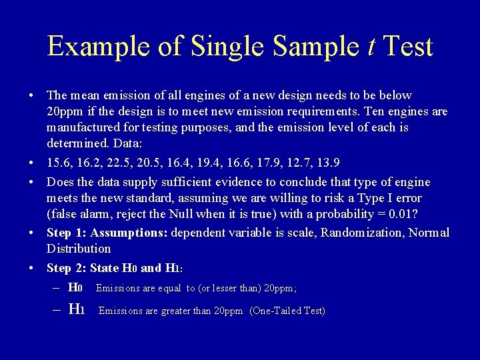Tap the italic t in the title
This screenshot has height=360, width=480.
click(x=371, y=47)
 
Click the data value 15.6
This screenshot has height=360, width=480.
click(x=58, y=162)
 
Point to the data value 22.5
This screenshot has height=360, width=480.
click(x=117, y=162)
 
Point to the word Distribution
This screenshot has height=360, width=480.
click(x=79, y=249)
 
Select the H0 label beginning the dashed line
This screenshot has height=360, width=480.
click(x=75, y=288)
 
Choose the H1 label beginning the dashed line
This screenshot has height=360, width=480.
click(x=76, y=310)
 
